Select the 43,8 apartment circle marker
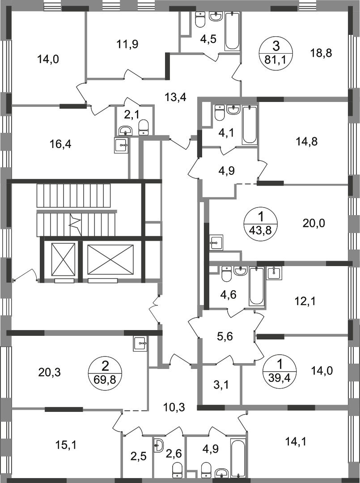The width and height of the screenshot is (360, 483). [261, 222]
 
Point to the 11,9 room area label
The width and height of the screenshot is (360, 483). [127, 44]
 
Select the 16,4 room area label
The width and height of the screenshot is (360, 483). [60, 144]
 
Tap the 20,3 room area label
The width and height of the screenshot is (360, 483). [50, 373]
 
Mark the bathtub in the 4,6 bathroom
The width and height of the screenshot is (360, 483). [257, 287]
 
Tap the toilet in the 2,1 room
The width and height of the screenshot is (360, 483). [144, 127]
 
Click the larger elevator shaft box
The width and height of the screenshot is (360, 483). [110, 259]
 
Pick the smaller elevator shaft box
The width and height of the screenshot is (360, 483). [64, 259]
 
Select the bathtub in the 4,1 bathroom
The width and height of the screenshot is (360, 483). [250, 125]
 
